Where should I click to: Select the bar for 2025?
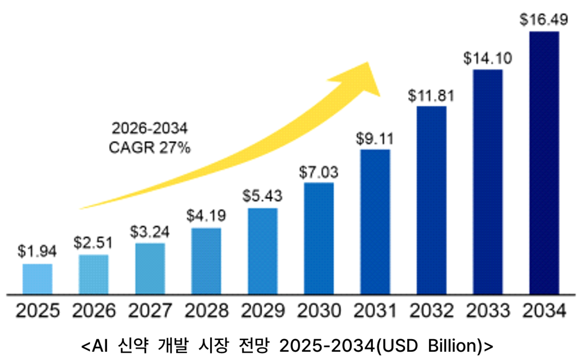click(x=38, y=278)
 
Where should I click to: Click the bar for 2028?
click(x=206, y=261)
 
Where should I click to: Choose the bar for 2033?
click(x=488, y=181)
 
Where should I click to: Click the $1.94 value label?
click(x=38, y=251)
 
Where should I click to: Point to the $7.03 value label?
click(x=319, y=172)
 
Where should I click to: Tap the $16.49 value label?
click(x=544, y=20)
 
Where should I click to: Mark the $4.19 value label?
click(x=206, y=215)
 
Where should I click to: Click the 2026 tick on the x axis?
click(x=94, y=311)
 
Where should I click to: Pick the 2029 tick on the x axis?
click(x=263, y=311)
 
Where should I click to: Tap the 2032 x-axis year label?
click(x=431, y=311)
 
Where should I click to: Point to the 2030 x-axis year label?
click(x=319, y=311)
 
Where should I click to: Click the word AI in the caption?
click(x=99, y=346)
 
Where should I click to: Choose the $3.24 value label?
click(x=150, y=232)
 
